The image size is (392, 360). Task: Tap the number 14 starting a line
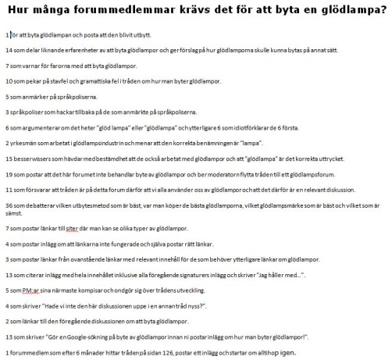point(8,50)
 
